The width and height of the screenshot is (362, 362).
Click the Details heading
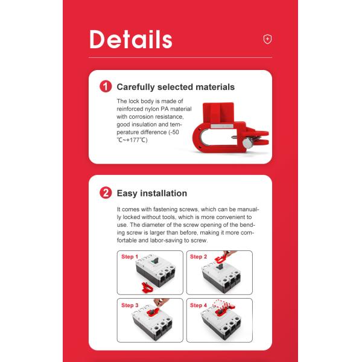click(131, 39)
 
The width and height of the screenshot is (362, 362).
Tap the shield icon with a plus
click(267, 39)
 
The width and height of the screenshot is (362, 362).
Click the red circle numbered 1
click(106, 86)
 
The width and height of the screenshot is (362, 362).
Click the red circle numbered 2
click(106, 193)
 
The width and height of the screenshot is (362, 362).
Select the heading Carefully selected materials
click(176, 87)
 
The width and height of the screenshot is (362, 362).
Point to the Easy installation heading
click(152, 193)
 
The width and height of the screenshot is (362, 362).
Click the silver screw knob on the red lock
click(247, 143)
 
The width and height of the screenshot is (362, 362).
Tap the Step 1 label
click(130, 257)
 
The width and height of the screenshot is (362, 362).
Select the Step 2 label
click(198, 257)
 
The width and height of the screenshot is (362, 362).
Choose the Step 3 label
click(130, 305)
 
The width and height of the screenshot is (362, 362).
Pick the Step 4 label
click(198, 305)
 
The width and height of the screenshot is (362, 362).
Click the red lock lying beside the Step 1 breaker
click(147, 287)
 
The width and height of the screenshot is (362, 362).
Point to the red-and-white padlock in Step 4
click(220, 304)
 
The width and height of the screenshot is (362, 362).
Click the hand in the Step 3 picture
click(161, 302)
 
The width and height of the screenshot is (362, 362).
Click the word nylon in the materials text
click(152, 109)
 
